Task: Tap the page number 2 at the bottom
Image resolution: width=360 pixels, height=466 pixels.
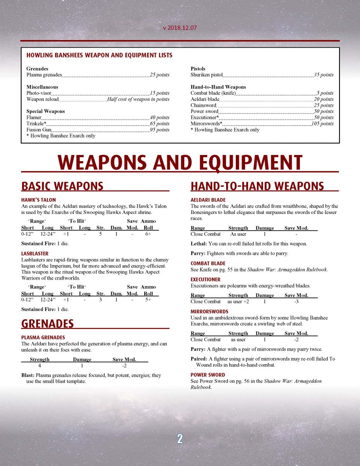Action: pos(180,438)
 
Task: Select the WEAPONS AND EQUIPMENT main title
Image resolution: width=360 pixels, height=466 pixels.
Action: pos(180,162)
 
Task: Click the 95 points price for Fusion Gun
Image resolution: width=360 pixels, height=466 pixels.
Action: pos(159,130)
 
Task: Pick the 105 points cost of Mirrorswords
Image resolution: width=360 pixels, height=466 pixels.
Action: pos(322,123)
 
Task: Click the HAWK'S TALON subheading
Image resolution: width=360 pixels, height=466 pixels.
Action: pos(38,200)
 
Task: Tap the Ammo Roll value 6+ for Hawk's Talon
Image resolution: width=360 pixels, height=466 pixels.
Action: pos(148,234)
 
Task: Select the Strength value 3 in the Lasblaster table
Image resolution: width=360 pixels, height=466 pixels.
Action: pos(100,300)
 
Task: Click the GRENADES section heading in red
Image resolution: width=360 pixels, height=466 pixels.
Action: pos(47,324)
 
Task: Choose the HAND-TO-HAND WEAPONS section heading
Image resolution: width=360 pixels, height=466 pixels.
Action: pos(257,186)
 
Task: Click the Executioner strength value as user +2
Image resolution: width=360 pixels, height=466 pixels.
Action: pos(238,301)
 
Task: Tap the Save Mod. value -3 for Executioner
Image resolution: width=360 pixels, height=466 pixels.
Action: pos(296,301)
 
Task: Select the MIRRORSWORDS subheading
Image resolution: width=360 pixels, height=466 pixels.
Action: pos(209,311)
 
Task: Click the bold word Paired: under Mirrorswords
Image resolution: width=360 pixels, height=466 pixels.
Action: pos(199,359)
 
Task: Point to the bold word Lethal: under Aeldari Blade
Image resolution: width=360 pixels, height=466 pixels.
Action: pos(199,244)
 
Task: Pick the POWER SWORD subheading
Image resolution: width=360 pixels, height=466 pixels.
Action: pos(208,375)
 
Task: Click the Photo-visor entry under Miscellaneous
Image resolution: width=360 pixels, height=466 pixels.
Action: pos(39,93)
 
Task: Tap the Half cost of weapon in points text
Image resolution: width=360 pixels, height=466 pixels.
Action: pos(138,99)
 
